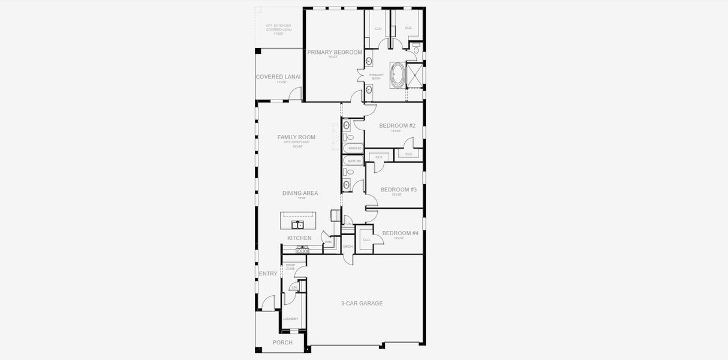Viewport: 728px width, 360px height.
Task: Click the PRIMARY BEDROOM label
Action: point(335,53)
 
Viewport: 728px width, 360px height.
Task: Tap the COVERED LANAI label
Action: point(278,77)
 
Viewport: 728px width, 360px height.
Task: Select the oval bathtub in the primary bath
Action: point(397,76)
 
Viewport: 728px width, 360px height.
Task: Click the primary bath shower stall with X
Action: point(414,75)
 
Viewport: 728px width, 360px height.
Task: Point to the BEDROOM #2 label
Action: point(397,126)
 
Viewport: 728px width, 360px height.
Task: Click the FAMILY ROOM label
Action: point(296,137)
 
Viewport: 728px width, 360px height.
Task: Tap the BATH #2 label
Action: point(354,148)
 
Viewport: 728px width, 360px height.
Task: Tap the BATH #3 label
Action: point(354,161)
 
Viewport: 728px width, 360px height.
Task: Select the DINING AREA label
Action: point(300,193)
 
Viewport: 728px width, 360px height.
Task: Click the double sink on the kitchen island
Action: point(297,225)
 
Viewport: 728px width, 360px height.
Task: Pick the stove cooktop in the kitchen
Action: point(302,250)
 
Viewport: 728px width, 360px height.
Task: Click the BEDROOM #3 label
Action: point(398,190)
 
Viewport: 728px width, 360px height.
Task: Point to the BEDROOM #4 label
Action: point(400,233)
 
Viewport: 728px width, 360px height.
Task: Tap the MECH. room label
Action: point(348,247)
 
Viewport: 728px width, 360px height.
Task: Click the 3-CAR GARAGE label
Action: point(362,304)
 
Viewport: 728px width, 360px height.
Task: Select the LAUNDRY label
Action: point(290,319)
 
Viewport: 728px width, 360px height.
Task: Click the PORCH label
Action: point(282,343)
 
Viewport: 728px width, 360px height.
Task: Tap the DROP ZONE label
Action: point(290,266)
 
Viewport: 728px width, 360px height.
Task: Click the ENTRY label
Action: point(268,274)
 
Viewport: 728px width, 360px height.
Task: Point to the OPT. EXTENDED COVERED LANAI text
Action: point(278,29)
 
